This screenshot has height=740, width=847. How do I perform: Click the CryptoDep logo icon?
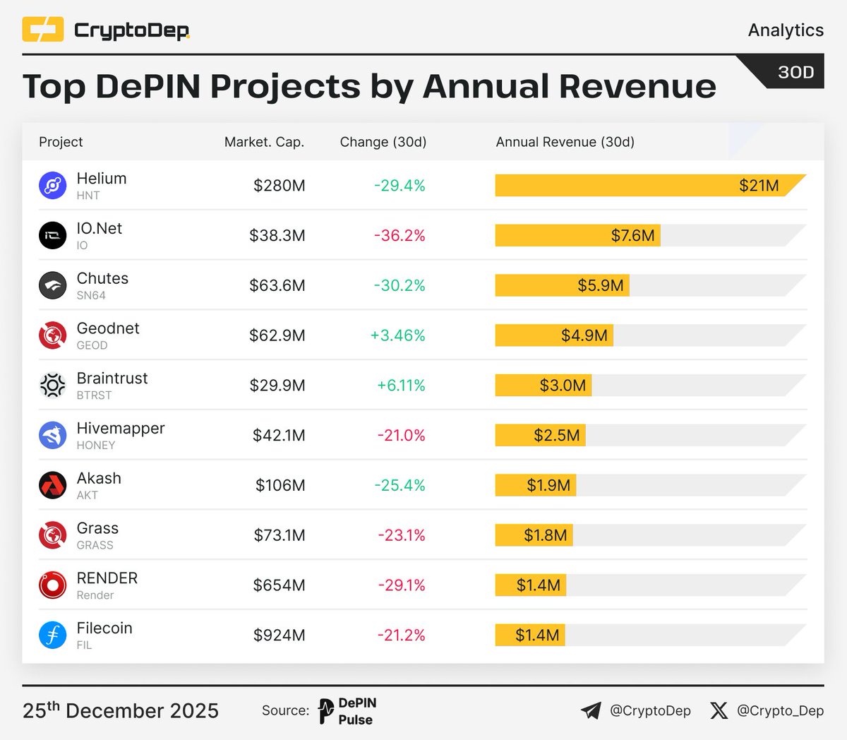(43, 30)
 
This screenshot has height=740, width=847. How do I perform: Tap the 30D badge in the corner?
(795, 73)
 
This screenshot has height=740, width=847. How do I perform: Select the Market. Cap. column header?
(264, 142)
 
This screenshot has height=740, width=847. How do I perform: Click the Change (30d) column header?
(383, 142)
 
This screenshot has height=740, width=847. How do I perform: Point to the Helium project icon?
(52, 186)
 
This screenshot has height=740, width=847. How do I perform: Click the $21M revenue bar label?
(759, 186)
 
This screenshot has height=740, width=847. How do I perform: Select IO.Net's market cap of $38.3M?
(277, 236)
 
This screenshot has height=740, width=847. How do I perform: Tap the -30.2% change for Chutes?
(400, 285)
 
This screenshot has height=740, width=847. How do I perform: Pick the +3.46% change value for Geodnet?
(398, 335)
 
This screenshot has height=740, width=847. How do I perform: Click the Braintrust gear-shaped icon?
(52, 386)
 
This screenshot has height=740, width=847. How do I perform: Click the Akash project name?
(99, 478)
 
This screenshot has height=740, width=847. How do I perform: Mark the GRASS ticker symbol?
(95, 545)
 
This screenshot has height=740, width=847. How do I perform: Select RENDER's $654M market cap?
(280, 585)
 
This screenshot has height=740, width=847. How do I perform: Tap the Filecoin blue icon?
(52, 635)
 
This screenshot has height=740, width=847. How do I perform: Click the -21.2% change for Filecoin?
(401, 635)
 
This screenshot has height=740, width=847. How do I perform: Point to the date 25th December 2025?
(121, 710)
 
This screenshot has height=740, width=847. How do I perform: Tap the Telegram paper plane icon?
(591, 710)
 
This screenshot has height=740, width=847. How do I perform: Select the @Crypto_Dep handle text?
(780, 710)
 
